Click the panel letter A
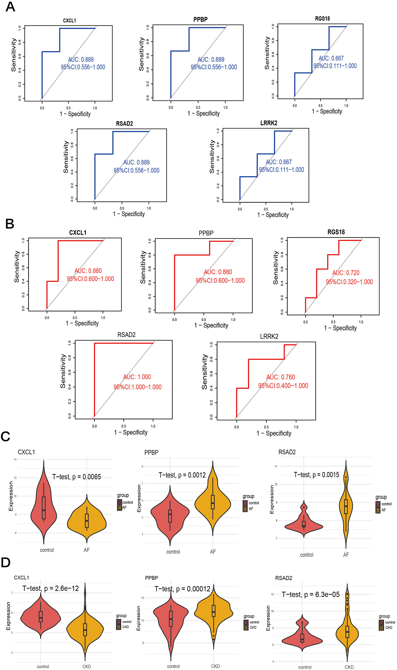(x=10, y=7)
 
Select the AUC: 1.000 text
(x=137, y=377)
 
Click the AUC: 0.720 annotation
(x=346, y=273)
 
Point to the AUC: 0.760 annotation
(x=281, y=377)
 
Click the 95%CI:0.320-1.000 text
(x=349, y=282)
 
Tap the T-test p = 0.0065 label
(x=77, y=477)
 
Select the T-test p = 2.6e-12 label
(x=51, y=588)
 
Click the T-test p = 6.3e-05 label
(x=311, y=594)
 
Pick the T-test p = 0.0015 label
(x=317, y=475)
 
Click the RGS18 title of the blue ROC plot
(x=322, y=19)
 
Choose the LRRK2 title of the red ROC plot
(x=269, y=336)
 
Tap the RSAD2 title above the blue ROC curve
(x=124, y=124)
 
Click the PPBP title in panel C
(x=151, y=453)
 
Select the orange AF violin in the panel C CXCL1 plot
(x=87, y=520)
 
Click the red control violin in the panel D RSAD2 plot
(x=302, y=640)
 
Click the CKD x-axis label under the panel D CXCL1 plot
(x=87, y=666)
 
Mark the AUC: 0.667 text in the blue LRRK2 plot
(x=279, y=162)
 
